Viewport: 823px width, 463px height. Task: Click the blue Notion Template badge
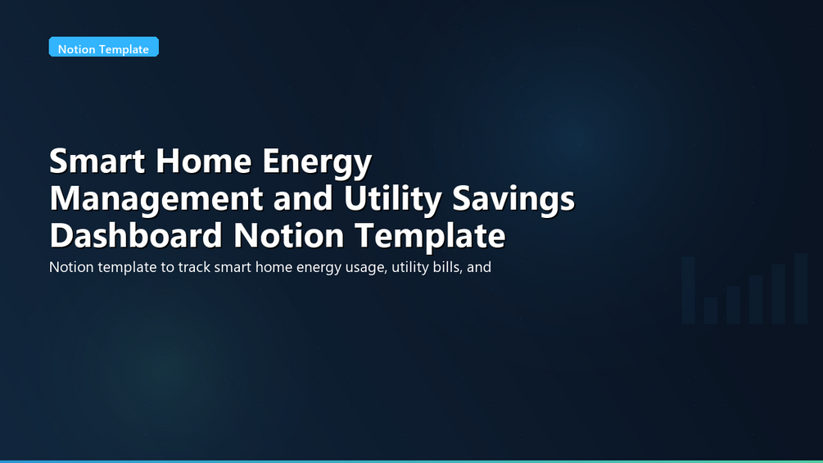(x=104, y=47)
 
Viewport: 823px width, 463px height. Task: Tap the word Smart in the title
(x=97, y=161)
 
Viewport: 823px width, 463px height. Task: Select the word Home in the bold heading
(x=204, y=161)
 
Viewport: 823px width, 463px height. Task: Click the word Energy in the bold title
(x=317, y=163)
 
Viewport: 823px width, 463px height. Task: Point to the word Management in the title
(x=156, y=198)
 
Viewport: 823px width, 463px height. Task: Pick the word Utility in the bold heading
(x=392, y=198)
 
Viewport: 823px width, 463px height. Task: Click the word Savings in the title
(x=513, y=198)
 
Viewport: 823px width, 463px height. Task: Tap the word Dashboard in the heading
(x=136, y=235)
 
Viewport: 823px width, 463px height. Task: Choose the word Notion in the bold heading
(x=289, y=235)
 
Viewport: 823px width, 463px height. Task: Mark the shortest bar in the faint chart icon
(x=711, y=311)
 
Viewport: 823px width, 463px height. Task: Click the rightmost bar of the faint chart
(x=800, y=288)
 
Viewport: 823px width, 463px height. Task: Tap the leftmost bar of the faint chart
(x=688, y=290)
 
